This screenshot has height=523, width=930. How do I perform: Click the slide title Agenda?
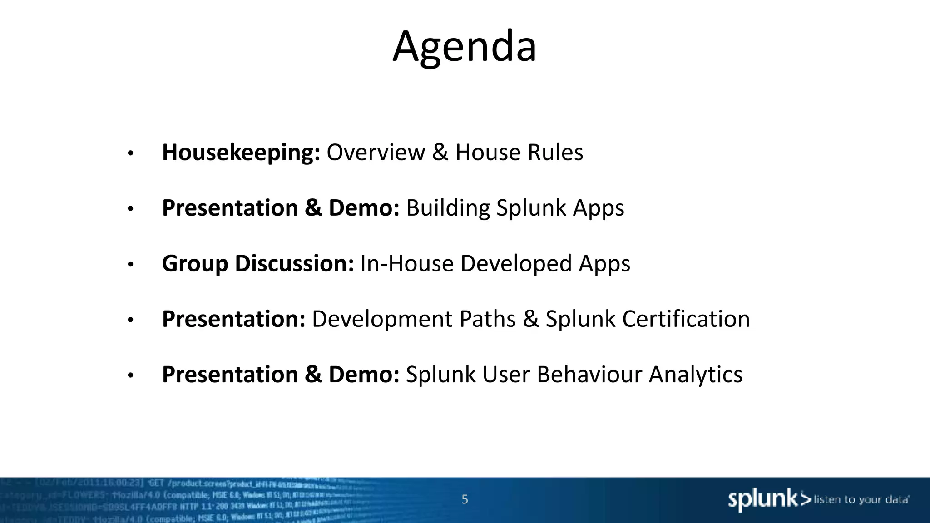point(465,46)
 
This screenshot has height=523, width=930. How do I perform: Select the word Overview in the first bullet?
point(376,153)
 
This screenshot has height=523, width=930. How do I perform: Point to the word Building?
point(448,208)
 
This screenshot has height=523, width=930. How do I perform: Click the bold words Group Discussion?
point(257,264)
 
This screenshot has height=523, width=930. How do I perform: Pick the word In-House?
point(407,264)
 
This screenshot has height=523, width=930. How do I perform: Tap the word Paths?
point(487,319)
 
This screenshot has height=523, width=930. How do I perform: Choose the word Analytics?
point(695,375)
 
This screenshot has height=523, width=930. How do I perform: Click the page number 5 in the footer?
point(465,499)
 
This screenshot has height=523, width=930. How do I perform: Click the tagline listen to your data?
point(861,500)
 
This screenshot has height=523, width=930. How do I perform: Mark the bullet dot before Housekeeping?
point(130,153)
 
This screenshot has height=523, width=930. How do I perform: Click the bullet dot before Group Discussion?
point(130,265)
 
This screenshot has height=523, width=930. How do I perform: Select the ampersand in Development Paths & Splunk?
point(530,319)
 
